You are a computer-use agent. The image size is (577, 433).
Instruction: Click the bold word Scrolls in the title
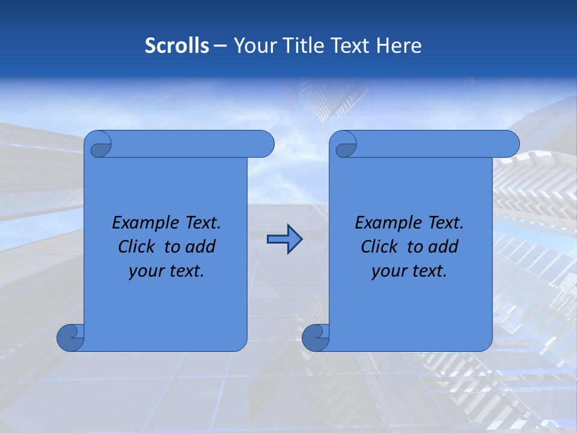[177, 46]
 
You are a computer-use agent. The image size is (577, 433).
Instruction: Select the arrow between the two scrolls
[284, 240]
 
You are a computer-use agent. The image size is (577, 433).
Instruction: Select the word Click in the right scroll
[379, 247]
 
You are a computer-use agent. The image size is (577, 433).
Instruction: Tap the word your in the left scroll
[145, 272]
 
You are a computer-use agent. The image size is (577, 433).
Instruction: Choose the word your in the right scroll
[388, 272]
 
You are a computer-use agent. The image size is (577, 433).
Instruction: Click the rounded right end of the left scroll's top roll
[265, 144]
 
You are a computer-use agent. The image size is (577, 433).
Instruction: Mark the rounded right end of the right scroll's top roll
[510, 144]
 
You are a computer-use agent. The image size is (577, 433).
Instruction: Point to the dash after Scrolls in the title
[220, 46]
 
